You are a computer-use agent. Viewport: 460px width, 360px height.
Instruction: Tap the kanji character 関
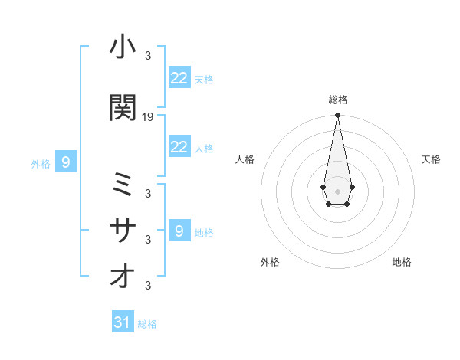(x=123, y=108)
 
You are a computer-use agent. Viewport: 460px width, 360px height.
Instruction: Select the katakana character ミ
(x=123, y=185)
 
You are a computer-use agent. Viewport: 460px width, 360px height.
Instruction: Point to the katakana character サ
(x=123, y=231)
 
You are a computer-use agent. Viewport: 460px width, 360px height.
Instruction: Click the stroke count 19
(x=148, y=117)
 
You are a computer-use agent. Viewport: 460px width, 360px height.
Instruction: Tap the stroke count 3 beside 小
(x=148, y=56)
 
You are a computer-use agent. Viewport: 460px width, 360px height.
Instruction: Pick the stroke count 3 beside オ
(x=148, y=286)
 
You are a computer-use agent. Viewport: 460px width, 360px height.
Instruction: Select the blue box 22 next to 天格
(x=179, y=78)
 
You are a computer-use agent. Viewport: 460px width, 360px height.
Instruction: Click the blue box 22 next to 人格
(x=179, y=147)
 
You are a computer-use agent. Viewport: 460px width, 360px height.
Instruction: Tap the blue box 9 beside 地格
(x=179, y=231)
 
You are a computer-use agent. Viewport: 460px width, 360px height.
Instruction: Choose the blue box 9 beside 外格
(x=67, y=162)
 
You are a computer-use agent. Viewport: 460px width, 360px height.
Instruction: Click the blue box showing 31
(x=123, y=323)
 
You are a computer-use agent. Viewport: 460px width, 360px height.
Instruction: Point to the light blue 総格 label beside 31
(x=147, y=324)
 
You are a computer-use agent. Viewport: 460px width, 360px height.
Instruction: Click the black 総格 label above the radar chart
(x=338, y=100)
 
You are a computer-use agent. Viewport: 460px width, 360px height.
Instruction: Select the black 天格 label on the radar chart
(x=431, y=159)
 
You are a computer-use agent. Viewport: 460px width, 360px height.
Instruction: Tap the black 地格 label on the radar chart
(x=402, y=262)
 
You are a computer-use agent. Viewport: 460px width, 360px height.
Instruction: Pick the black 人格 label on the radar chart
(x=245, y=159)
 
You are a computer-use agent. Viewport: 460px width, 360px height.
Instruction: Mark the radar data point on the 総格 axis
(x=337, y=116)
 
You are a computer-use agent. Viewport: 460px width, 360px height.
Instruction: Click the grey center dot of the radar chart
(x=337, y=190)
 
